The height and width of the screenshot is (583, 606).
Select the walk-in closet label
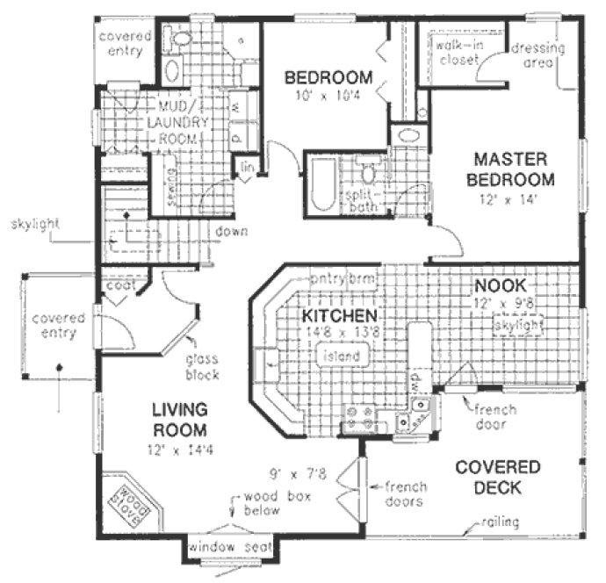tap(454, 52)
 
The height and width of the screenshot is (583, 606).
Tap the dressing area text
tap(537, 55)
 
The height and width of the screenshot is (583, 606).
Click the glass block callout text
tap(201, 367)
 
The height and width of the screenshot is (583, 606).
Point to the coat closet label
tap(119, 284)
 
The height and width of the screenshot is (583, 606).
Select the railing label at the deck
tap(501, 523)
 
